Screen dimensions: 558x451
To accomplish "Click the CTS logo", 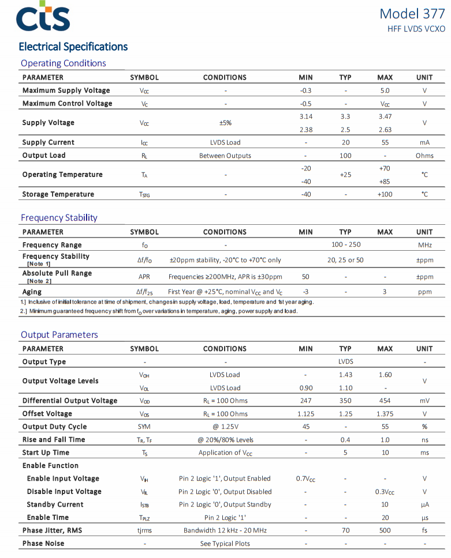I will tap(43, 18).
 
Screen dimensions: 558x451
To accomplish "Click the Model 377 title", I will tap(412, 14).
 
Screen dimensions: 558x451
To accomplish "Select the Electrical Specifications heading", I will tap(73, 47).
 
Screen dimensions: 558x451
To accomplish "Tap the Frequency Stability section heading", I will tap(59, 217).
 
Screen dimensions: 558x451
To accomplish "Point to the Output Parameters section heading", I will tap(59, 334).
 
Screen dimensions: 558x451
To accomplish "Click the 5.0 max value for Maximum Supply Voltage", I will tap(385, 91).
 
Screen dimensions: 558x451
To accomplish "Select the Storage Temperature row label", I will tap(58, 194).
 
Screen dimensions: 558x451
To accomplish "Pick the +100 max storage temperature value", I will tap(385, 194).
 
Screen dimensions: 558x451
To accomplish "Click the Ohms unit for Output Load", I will tap(424, 156).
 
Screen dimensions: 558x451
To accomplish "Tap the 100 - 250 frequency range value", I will tap(346, 245).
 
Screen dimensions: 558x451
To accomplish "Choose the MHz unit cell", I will tap(424, 245).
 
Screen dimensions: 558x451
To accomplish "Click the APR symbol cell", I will tap(144, 277).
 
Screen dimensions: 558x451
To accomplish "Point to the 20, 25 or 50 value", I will tap(345, 260).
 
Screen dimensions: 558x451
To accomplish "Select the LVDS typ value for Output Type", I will tap(345, 362).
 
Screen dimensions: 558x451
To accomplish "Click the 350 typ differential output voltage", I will tap(345, 401).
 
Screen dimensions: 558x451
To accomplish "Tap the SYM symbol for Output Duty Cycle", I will tap(144, 427).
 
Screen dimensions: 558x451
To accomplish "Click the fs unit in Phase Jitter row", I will tap(424, 530).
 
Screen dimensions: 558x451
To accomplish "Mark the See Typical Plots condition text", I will tap(225, 544).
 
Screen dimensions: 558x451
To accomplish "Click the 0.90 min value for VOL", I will tap(305, 388).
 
